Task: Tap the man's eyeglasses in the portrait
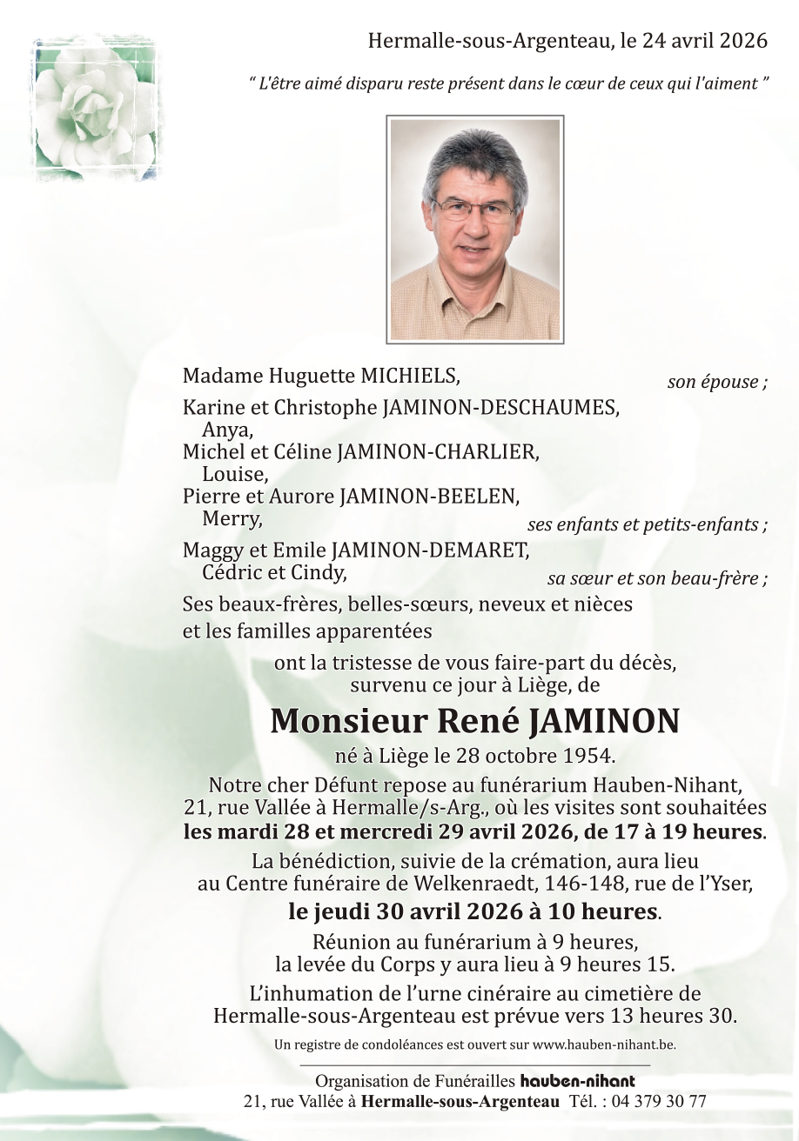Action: [x=473, y=209]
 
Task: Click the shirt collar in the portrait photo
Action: [x=474, y=279]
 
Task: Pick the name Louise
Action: [x=234, y=474]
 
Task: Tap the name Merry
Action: [x=232, y=519]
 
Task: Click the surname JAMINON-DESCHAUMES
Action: [x=500, y=406]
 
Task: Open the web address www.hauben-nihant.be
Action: [x=604, y=1044]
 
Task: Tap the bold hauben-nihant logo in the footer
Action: [x=577, y=1082]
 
